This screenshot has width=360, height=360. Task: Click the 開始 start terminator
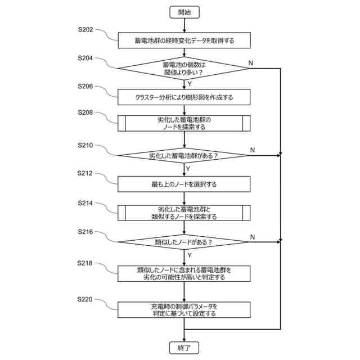coord(184,12)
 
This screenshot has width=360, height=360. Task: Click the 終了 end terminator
coord(184,348)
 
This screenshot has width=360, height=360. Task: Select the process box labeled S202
coord(184,40)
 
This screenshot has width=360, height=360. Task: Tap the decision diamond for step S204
coord(184,69)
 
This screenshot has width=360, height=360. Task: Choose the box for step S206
coord(184,97)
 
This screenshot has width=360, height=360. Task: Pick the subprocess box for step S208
coord(184,123)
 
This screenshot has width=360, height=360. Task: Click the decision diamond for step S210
coord(184,155)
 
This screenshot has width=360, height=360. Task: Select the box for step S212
coord(184,184)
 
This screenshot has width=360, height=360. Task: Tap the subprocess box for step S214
coord(184,213)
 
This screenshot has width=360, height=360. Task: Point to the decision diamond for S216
coord(184,242)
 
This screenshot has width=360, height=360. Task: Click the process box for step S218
coord(184,274)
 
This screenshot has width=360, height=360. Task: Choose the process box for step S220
coord(184,310)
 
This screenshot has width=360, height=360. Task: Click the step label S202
coord(85,29)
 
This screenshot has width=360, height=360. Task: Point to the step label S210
coord(85,145)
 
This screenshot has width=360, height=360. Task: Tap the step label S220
coord(85,299)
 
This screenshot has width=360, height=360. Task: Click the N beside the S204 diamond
coord(251,63)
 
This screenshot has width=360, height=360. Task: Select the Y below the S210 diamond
coord(188,169)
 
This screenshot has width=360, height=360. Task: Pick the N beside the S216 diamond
coord(253,237)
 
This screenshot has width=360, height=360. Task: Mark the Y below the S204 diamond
coord(190,84)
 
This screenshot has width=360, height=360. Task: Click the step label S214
coord(85,203)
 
